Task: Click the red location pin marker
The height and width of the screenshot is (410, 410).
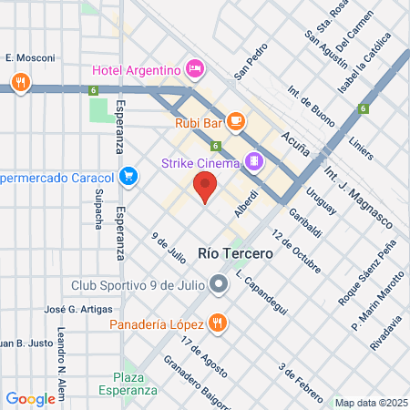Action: click(x=205, y=189)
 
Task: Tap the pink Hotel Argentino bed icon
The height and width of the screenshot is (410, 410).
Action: click(x=194, y=69)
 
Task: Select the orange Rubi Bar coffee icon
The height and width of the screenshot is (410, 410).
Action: click(x=235, y=119)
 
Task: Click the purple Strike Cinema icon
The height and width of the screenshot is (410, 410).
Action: click(x=253, y=164)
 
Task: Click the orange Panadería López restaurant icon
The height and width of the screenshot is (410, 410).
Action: click(x=217, y=322)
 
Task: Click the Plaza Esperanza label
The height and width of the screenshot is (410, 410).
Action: click(x=135, y=384)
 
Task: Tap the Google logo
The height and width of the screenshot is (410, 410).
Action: click(x=30, y=398)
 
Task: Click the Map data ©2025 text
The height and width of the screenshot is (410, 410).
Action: click(x=369, y=402)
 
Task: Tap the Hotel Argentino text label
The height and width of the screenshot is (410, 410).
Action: click(x=137, y=70)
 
